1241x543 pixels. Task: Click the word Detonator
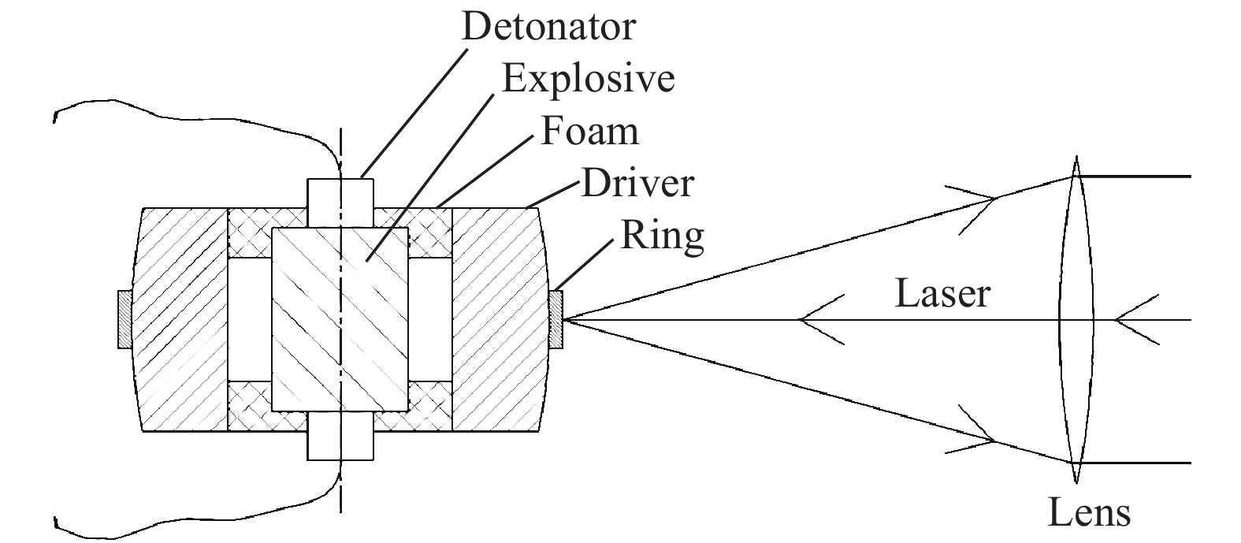tap(548, 27)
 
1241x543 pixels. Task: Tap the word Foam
tap(589, 131)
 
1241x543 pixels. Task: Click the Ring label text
tap(662, 236)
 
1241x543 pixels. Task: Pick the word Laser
tap(942, 294)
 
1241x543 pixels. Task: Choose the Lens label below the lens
tap(1089, 513)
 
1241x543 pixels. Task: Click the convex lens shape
tap(1076, 319)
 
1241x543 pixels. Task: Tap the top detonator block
tap(340, 203)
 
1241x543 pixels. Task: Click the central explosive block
tap(340, 319)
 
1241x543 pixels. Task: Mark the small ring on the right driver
tap(556, 319)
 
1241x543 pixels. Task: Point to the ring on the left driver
tap(124, 319)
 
